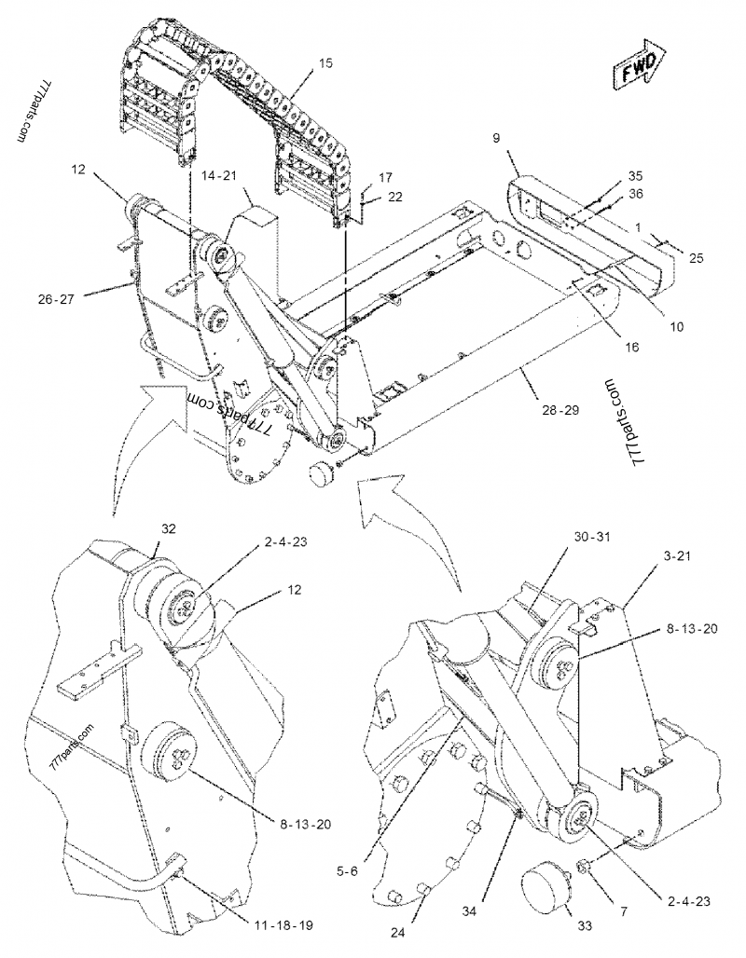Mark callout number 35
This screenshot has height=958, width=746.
634,175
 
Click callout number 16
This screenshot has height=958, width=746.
606,345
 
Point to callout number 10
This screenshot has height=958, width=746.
676,326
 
